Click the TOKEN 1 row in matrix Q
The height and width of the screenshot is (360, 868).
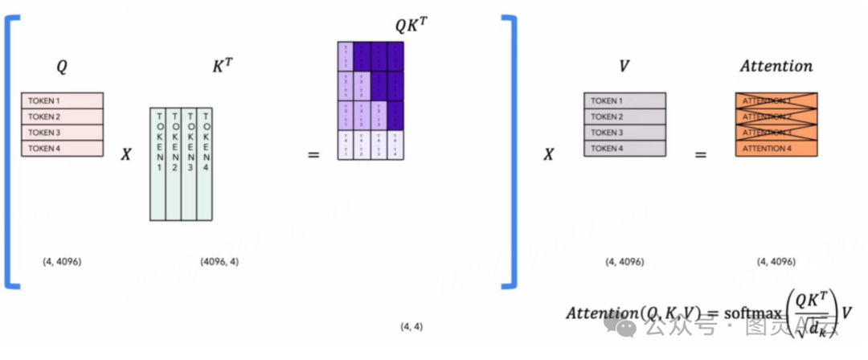(63, 100)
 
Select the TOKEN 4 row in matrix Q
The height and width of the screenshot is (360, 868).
(63, 148)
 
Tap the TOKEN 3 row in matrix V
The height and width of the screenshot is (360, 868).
(624, 133)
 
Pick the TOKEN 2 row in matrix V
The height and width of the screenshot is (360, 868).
(624, 117)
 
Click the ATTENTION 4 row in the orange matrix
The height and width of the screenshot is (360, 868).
(776, 148)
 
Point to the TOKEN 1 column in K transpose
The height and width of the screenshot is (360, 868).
(158, 163)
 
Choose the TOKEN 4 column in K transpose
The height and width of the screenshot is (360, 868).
(205, 163)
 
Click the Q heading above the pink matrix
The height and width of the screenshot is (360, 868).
(62, 67)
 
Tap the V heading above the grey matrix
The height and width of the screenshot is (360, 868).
(624, 66)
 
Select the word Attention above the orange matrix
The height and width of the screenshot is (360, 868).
(776, 66)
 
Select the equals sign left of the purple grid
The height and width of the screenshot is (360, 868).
(313, 153)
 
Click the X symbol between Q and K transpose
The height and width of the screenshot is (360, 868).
(126, 153)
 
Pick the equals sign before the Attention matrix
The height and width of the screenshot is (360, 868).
(700, 153)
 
